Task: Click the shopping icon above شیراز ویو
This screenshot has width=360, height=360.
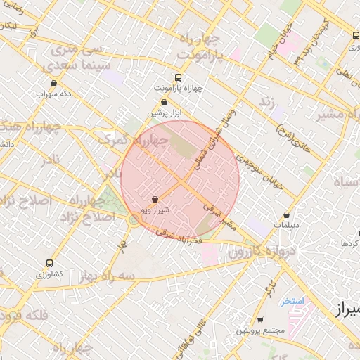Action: pos(155,200)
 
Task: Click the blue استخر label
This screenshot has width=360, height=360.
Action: pos(291,301)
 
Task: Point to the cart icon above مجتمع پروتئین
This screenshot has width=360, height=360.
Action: pos(260,320)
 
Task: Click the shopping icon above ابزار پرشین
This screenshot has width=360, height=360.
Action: pos(164,102)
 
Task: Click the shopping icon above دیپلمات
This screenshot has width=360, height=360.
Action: pos(287,215)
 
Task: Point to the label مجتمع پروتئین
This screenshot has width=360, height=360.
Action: pos(260,330)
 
